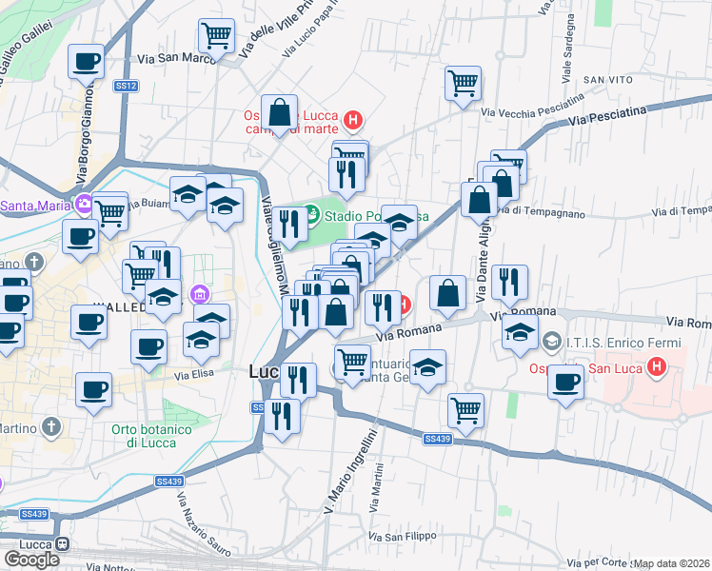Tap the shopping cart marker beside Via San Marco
pos(216,37)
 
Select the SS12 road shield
pos(127,86)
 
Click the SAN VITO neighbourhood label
pos(608,79)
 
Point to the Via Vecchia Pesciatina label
pos(532,107)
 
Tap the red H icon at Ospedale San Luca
pos(655,365)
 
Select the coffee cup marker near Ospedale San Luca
pos(566,383)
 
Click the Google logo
pos(31,559)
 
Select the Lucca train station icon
pos(63,544)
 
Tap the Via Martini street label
pos(379,485)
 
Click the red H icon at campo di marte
pos(352,120)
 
